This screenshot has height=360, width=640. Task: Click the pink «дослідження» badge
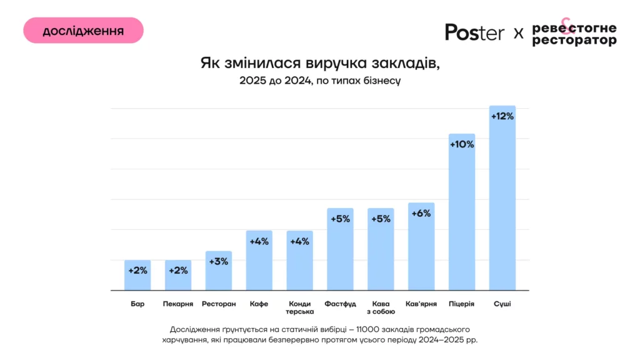(83, 31)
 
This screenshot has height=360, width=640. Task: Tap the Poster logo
(474, 32)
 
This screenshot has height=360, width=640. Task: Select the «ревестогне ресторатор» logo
(574, 34)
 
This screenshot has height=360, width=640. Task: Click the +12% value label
(502, 116)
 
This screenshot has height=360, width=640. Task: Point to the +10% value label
(462, 144)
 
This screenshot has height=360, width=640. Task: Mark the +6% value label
(421, 213)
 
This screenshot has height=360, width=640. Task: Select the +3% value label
(219, 261)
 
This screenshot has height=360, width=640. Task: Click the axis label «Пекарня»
(177, 304)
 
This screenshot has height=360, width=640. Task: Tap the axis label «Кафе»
(259, 304)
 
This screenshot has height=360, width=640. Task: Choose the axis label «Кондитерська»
(299, 307)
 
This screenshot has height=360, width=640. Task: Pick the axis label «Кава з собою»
(381, 307)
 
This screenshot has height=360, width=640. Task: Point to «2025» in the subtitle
(253, 81)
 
